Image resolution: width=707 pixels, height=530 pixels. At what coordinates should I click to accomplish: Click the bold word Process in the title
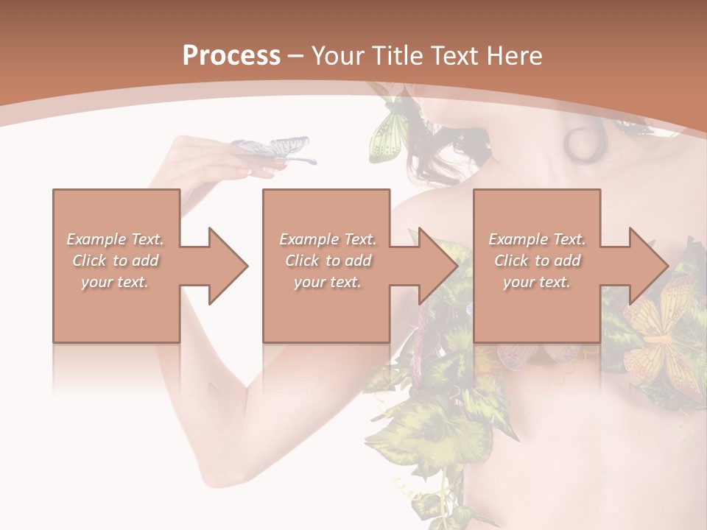[x=231, y=55]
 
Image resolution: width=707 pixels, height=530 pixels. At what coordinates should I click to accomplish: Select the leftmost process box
[x=116, y=266]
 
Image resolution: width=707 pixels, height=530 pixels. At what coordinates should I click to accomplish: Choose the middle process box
[x=326, y=266]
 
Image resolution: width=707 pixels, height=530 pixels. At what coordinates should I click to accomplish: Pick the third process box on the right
[x=537, y=266]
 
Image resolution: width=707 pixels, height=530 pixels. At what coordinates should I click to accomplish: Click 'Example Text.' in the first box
[x=115, y=239]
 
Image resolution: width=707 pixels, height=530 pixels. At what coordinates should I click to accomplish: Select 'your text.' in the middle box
[x=327, y=282]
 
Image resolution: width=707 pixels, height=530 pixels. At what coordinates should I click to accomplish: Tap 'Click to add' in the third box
[x=537, y=261]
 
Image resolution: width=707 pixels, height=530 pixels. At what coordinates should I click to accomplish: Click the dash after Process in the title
[x=296, y=56]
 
